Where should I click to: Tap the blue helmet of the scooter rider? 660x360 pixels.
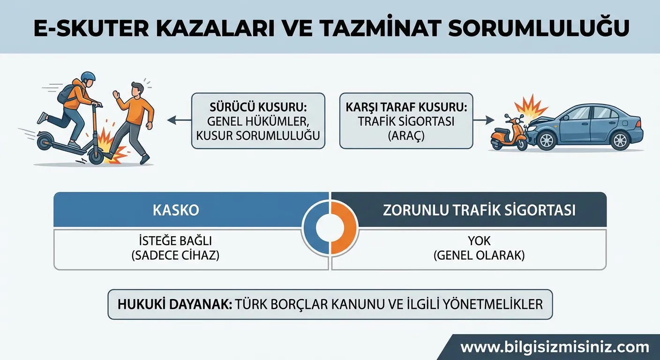pos(88,77)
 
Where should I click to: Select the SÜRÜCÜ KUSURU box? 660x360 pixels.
pos(258,121)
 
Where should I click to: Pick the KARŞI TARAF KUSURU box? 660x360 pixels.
pos(406,121)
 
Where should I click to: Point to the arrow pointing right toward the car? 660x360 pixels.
pos(480,121)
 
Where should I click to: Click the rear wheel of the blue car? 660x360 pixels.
pos(620,140)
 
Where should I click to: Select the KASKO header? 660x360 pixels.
pos(176,210)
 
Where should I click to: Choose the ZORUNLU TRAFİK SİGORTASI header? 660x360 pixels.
pos(479,210)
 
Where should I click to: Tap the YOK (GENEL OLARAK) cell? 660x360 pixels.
pos(479,248)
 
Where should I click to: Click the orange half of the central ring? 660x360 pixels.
pos(345,228)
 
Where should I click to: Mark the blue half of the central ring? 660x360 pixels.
pos(315,228)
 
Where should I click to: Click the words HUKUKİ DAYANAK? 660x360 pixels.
pos(172,304)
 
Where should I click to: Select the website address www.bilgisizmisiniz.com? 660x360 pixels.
pos(555,348)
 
